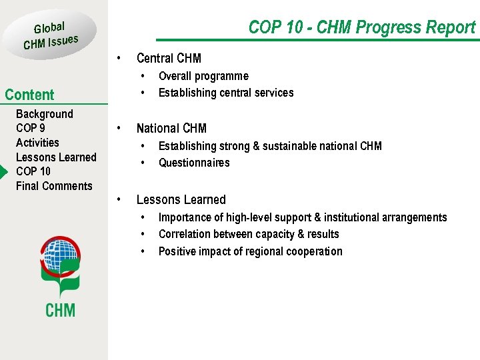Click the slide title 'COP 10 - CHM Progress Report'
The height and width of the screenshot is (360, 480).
(x=361, y=27)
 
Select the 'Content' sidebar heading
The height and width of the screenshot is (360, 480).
(x=29, y=95)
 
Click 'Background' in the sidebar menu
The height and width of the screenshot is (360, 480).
(x=44, y=114)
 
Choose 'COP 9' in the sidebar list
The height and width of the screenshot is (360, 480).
(x=31, y=128)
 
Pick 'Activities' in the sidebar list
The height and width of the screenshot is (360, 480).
(x=37, y=143)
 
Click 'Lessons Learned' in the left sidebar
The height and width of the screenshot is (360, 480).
(x=56, y=157)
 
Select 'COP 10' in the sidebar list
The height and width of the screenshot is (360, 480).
(x=33, y=171)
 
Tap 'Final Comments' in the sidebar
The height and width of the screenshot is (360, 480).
(x=54, y=186)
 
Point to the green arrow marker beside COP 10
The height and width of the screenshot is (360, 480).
(x=3, y=172)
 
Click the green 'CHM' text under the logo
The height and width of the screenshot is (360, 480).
(x=60, y=309)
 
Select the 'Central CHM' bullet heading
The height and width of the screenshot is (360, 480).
(x=169, y=59)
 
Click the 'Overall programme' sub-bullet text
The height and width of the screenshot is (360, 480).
(x=203, y=76)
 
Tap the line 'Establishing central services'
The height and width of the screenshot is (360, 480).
(x=226, y=93)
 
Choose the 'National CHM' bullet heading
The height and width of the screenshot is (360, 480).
(x=171, y=129)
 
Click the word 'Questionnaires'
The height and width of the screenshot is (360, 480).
(x=194, y=163)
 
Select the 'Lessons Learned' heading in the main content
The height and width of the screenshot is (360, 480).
(x=181, y=200)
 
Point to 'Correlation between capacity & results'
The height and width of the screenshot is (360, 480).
(x=249, y=234)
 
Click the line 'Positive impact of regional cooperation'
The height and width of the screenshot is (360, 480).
(x=251, y=251)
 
